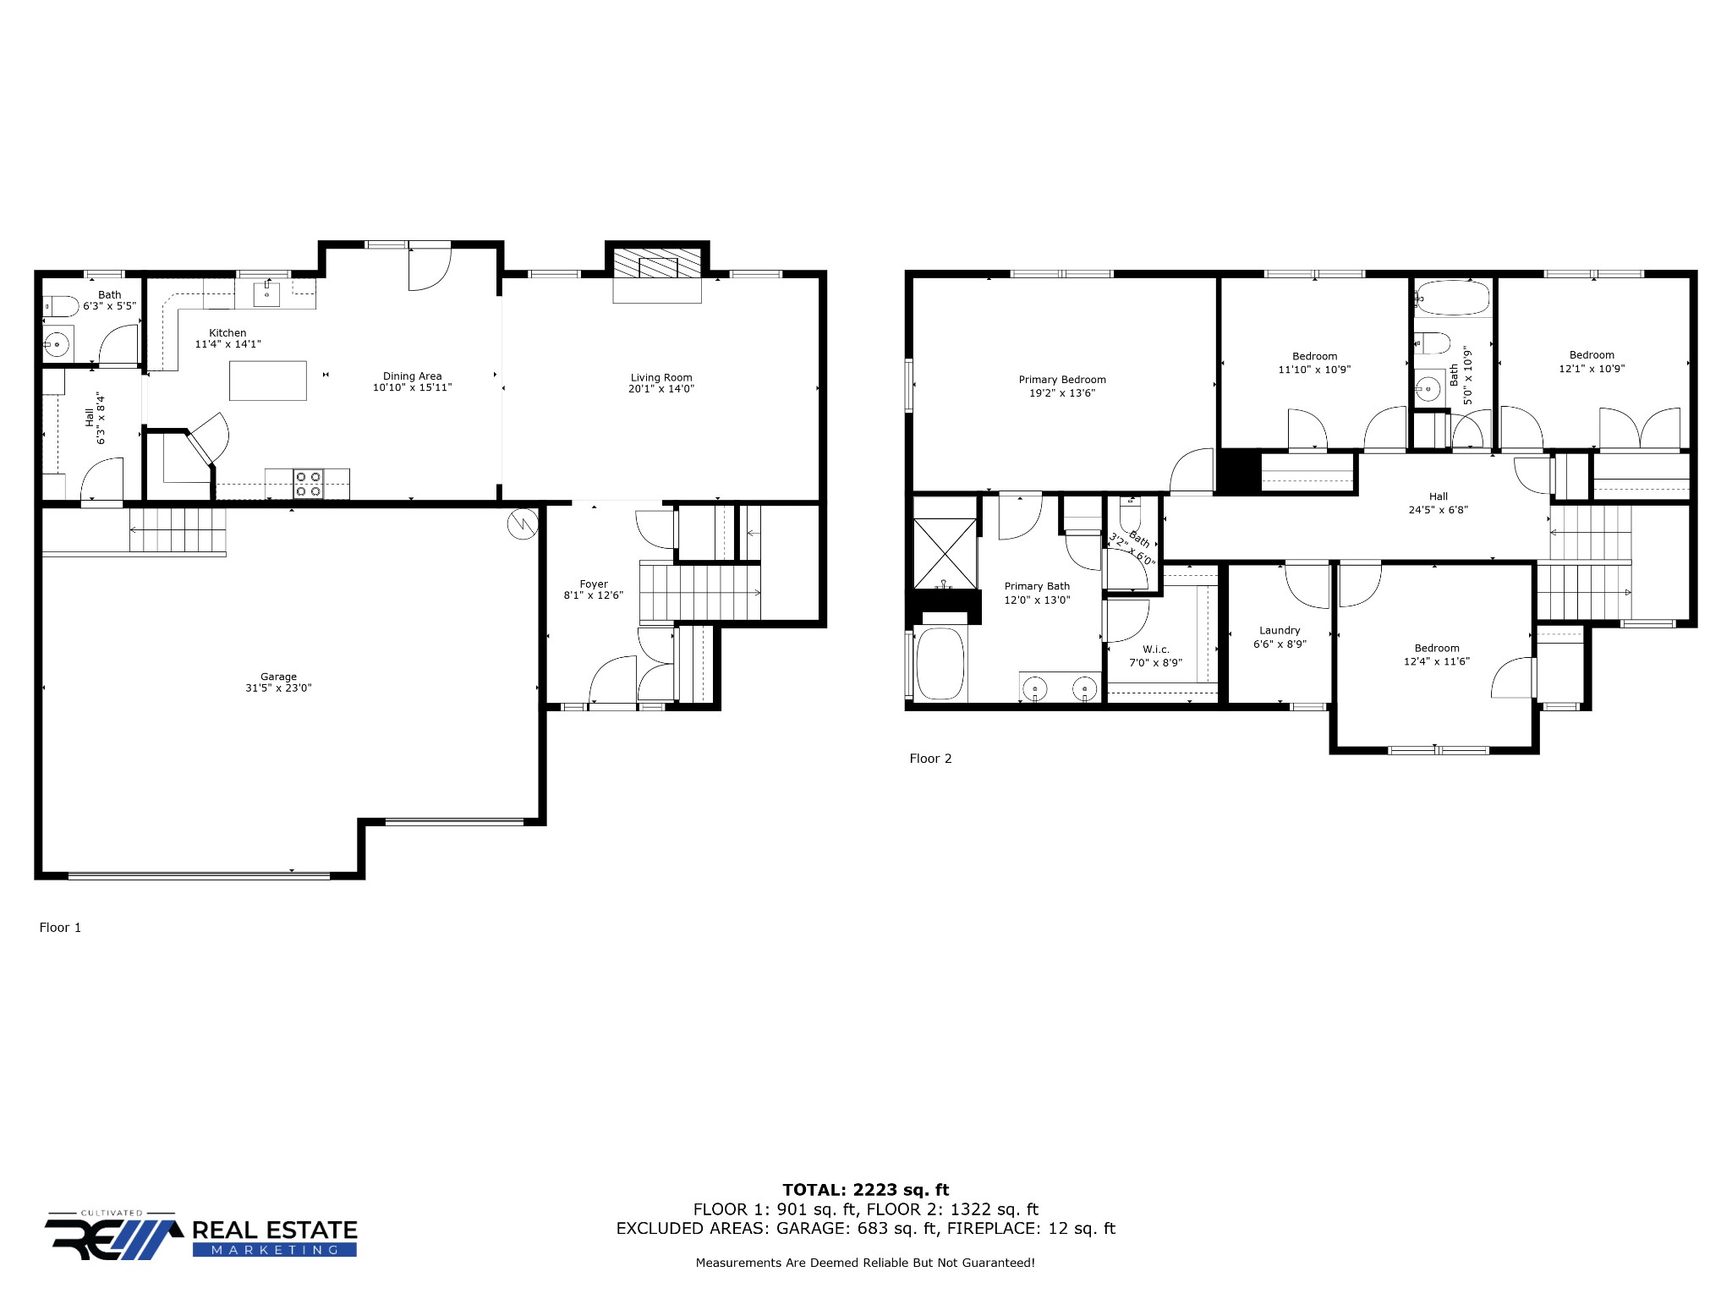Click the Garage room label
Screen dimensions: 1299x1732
278,677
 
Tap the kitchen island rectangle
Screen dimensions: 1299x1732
268,381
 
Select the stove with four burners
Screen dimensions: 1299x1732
308,484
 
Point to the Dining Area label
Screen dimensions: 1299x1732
412,376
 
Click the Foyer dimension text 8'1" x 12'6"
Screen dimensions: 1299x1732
594,595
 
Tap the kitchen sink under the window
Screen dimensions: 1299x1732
267,294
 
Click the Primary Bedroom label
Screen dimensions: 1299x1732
1062,380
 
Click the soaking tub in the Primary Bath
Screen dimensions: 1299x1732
940,664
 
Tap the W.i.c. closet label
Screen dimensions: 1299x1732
1155,649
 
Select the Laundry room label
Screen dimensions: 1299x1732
1280,630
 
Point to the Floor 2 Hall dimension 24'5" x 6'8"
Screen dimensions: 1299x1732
1438,510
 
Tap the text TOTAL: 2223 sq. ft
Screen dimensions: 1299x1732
865,1190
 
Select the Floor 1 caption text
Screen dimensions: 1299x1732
60,928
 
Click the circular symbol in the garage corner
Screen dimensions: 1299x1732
523,524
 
